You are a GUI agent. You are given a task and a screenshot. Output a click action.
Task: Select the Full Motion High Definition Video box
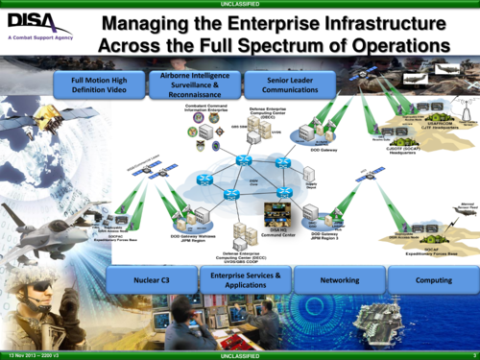[x=94, y=85]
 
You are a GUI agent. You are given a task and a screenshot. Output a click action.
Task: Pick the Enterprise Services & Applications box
[x=244, y=280]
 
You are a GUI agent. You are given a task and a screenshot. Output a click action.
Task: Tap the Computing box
[x=433, y=280]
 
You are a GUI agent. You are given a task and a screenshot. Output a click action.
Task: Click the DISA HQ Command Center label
[x=277, y=232]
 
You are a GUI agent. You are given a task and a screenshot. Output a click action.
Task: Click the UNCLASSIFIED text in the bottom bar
[x=239, y=355]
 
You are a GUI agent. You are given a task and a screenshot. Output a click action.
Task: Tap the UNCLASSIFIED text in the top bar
[x=239, y=4]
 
